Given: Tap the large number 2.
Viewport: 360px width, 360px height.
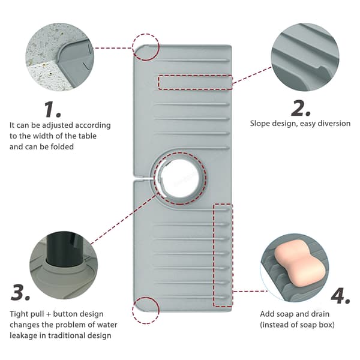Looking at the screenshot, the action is (301, 108).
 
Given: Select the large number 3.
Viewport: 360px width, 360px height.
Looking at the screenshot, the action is (20, 292).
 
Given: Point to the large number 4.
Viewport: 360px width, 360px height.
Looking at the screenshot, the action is (340, 295).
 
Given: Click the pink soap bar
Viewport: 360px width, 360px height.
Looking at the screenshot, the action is (299, 263).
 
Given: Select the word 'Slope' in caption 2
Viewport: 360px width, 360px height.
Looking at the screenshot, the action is (260, 124).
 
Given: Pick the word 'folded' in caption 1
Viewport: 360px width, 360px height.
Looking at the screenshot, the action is (62, 146).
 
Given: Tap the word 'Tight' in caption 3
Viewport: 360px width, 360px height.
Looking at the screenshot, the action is (19, 314).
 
